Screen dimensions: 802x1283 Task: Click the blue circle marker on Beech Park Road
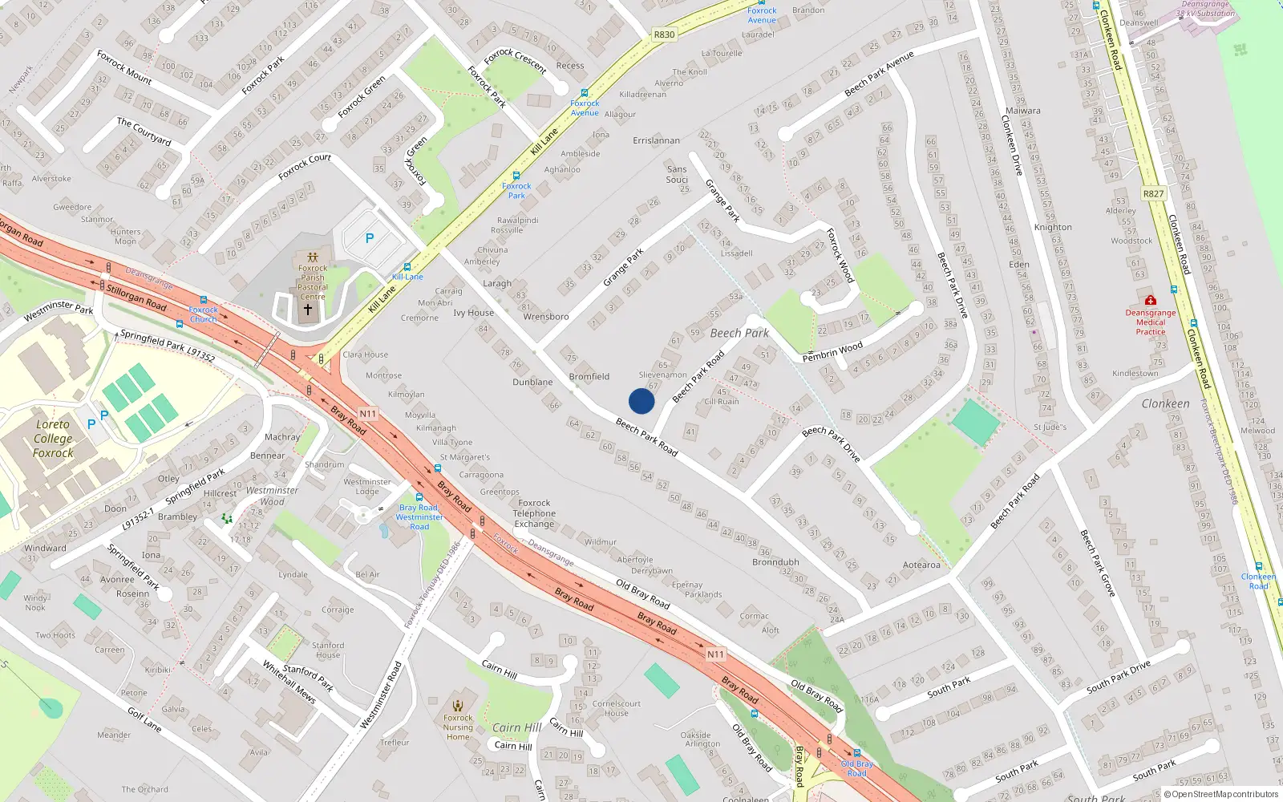coord(641,401)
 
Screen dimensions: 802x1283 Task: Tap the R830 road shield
coord(664,34)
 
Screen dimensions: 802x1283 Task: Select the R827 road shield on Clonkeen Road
coord(1153,193)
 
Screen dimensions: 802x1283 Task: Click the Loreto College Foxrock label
coord(53,439)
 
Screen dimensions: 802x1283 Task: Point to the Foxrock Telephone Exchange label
coord(534,513)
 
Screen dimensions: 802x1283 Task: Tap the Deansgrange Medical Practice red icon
coord(1150,300)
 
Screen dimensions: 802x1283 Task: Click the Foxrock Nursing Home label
coord(458,727)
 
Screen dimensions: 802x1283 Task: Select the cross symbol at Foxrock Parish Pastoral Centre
coord(307,308)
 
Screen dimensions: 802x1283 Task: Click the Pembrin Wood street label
coord(832,351)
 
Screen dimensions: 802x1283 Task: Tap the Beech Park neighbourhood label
coord(739,333)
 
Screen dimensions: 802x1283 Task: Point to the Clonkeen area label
coord(1165,403)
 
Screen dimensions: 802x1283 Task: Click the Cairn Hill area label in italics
coord(517,727)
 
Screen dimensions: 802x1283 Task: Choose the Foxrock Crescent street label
coord(515,61)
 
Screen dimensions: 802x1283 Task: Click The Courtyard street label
coord(144,132)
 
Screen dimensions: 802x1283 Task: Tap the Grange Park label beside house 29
coord(623,267)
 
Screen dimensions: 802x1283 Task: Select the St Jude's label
coord(1050,427)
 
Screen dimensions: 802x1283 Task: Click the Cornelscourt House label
coord(617,708)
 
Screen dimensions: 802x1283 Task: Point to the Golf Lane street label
coord(144,719)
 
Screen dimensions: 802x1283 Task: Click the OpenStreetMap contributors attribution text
coord(1221,794)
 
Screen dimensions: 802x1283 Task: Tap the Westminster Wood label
coord(272,496)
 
